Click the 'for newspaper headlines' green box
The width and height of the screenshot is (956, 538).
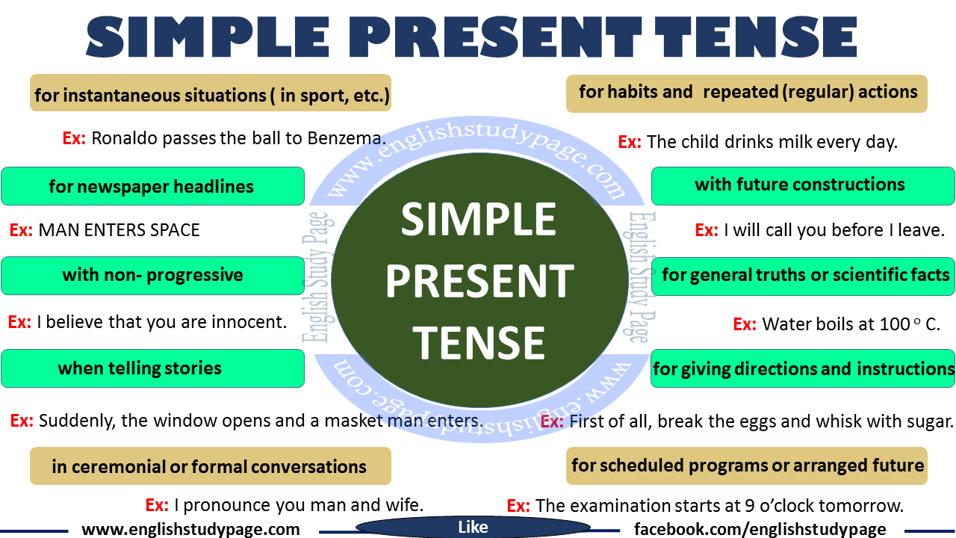pos(152,186)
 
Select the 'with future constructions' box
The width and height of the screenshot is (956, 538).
pos(803,185)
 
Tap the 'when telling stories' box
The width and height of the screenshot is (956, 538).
pos(152,368)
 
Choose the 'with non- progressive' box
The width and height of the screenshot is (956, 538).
pos(152,275)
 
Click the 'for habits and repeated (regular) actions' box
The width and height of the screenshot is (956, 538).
pos(746,93)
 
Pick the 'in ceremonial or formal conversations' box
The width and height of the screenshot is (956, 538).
pos(210,467)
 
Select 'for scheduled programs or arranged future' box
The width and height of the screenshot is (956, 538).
pos(746,466)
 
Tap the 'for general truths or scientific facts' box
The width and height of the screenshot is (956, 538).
pos(803,275)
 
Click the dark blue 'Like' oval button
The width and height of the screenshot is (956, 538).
pos(473,528)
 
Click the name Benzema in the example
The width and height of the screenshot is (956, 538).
pos(347,138)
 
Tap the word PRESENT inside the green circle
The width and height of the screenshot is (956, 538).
pos(479,281)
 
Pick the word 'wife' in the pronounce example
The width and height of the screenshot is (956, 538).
pos(403,505)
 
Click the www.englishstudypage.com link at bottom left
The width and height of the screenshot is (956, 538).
pos(190,529)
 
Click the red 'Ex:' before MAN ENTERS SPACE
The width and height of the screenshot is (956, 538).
pos(21,230)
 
